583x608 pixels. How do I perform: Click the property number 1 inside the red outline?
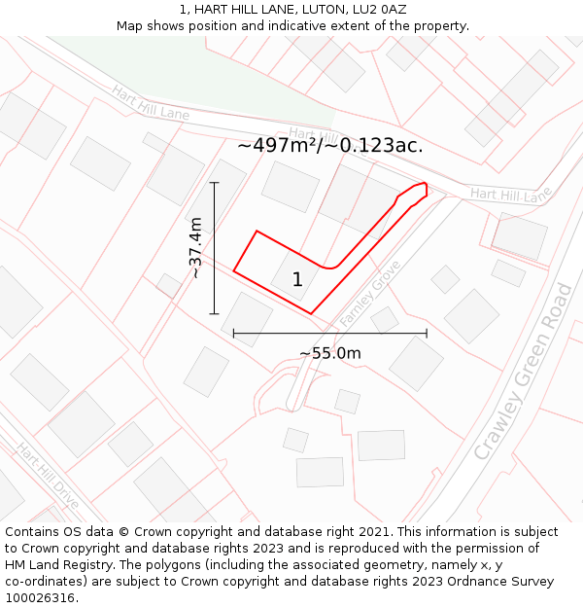coord(297,280)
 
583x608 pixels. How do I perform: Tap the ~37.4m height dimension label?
coord(196,248)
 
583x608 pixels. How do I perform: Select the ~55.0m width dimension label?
coord(329,353)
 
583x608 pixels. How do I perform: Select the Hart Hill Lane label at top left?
coord(150,103)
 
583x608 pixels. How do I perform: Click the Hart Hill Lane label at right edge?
coord(510,195)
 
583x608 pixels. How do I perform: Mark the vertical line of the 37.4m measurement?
coord(215,248)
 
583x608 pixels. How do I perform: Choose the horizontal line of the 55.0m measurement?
coord(329,334)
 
